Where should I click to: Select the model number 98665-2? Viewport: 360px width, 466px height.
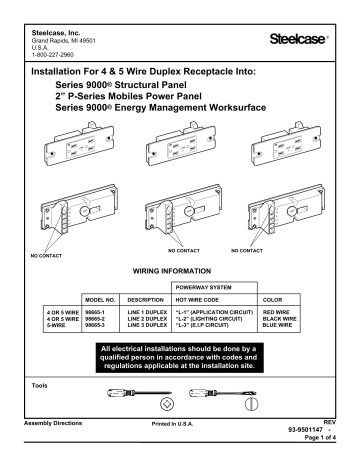(x=102, y=320)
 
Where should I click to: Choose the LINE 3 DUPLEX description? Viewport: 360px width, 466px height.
(x=145, y=326)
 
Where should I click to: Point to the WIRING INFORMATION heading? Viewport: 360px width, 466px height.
(x=180, y=271)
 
